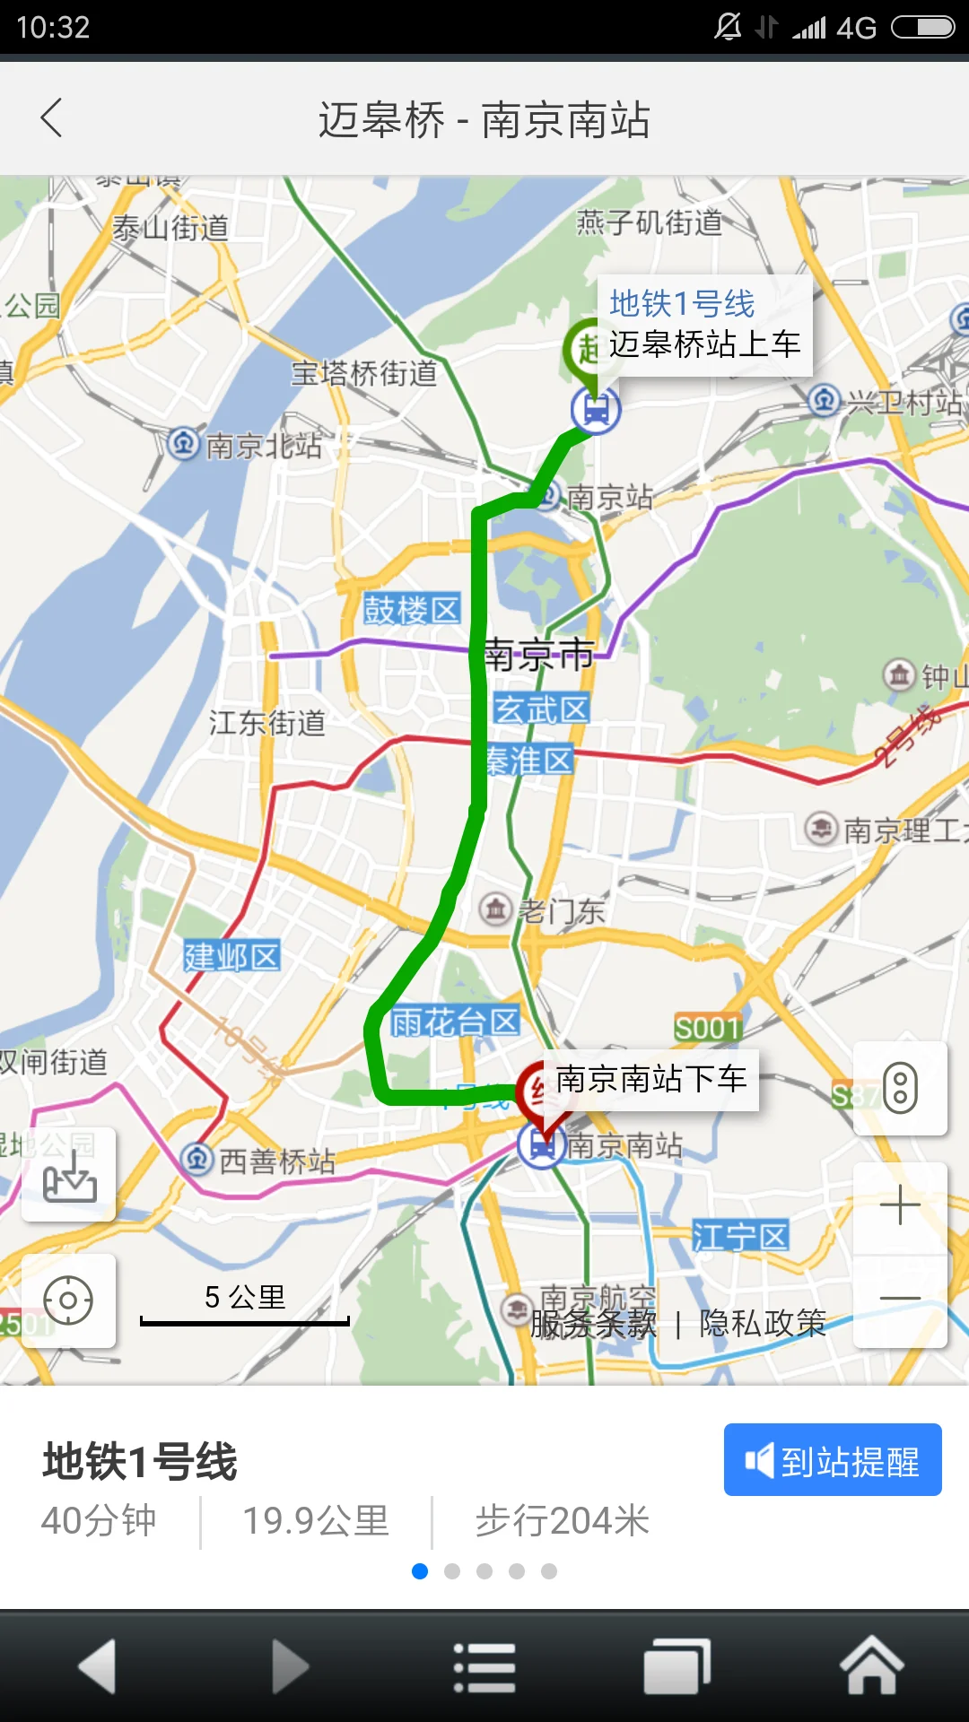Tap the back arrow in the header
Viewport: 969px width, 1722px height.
pos(52,118)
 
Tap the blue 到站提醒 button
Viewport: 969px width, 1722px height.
pos(833,1460)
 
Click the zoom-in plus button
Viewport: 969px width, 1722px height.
pos(900,1206)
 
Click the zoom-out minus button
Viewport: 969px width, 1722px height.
pos(900,1299)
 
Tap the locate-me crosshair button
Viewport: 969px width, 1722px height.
pos(68,1300)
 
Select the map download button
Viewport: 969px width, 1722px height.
pos(69,1175)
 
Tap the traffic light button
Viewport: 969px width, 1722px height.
pos(900,1088)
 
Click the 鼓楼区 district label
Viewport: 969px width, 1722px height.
pos(412,610)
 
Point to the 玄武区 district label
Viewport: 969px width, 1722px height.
pos(541,709)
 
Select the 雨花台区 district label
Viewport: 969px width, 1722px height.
pos(455,1022)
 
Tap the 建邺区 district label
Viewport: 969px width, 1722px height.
pos(232,956)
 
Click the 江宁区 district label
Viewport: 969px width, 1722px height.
pos(740,1237)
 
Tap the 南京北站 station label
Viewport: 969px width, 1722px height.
pos(262,446)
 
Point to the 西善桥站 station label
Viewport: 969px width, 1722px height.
pos(275,1161)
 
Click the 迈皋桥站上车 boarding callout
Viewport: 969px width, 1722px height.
pos(704,326)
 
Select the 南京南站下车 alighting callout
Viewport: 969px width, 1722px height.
pos(651,1079)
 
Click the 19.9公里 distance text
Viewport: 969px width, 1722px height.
pos(316,1521)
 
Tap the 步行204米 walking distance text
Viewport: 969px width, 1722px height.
pos(562,1521)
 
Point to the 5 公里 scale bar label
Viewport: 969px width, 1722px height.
pos(245,1297)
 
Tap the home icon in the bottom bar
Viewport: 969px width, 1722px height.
pos(871,1666)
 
